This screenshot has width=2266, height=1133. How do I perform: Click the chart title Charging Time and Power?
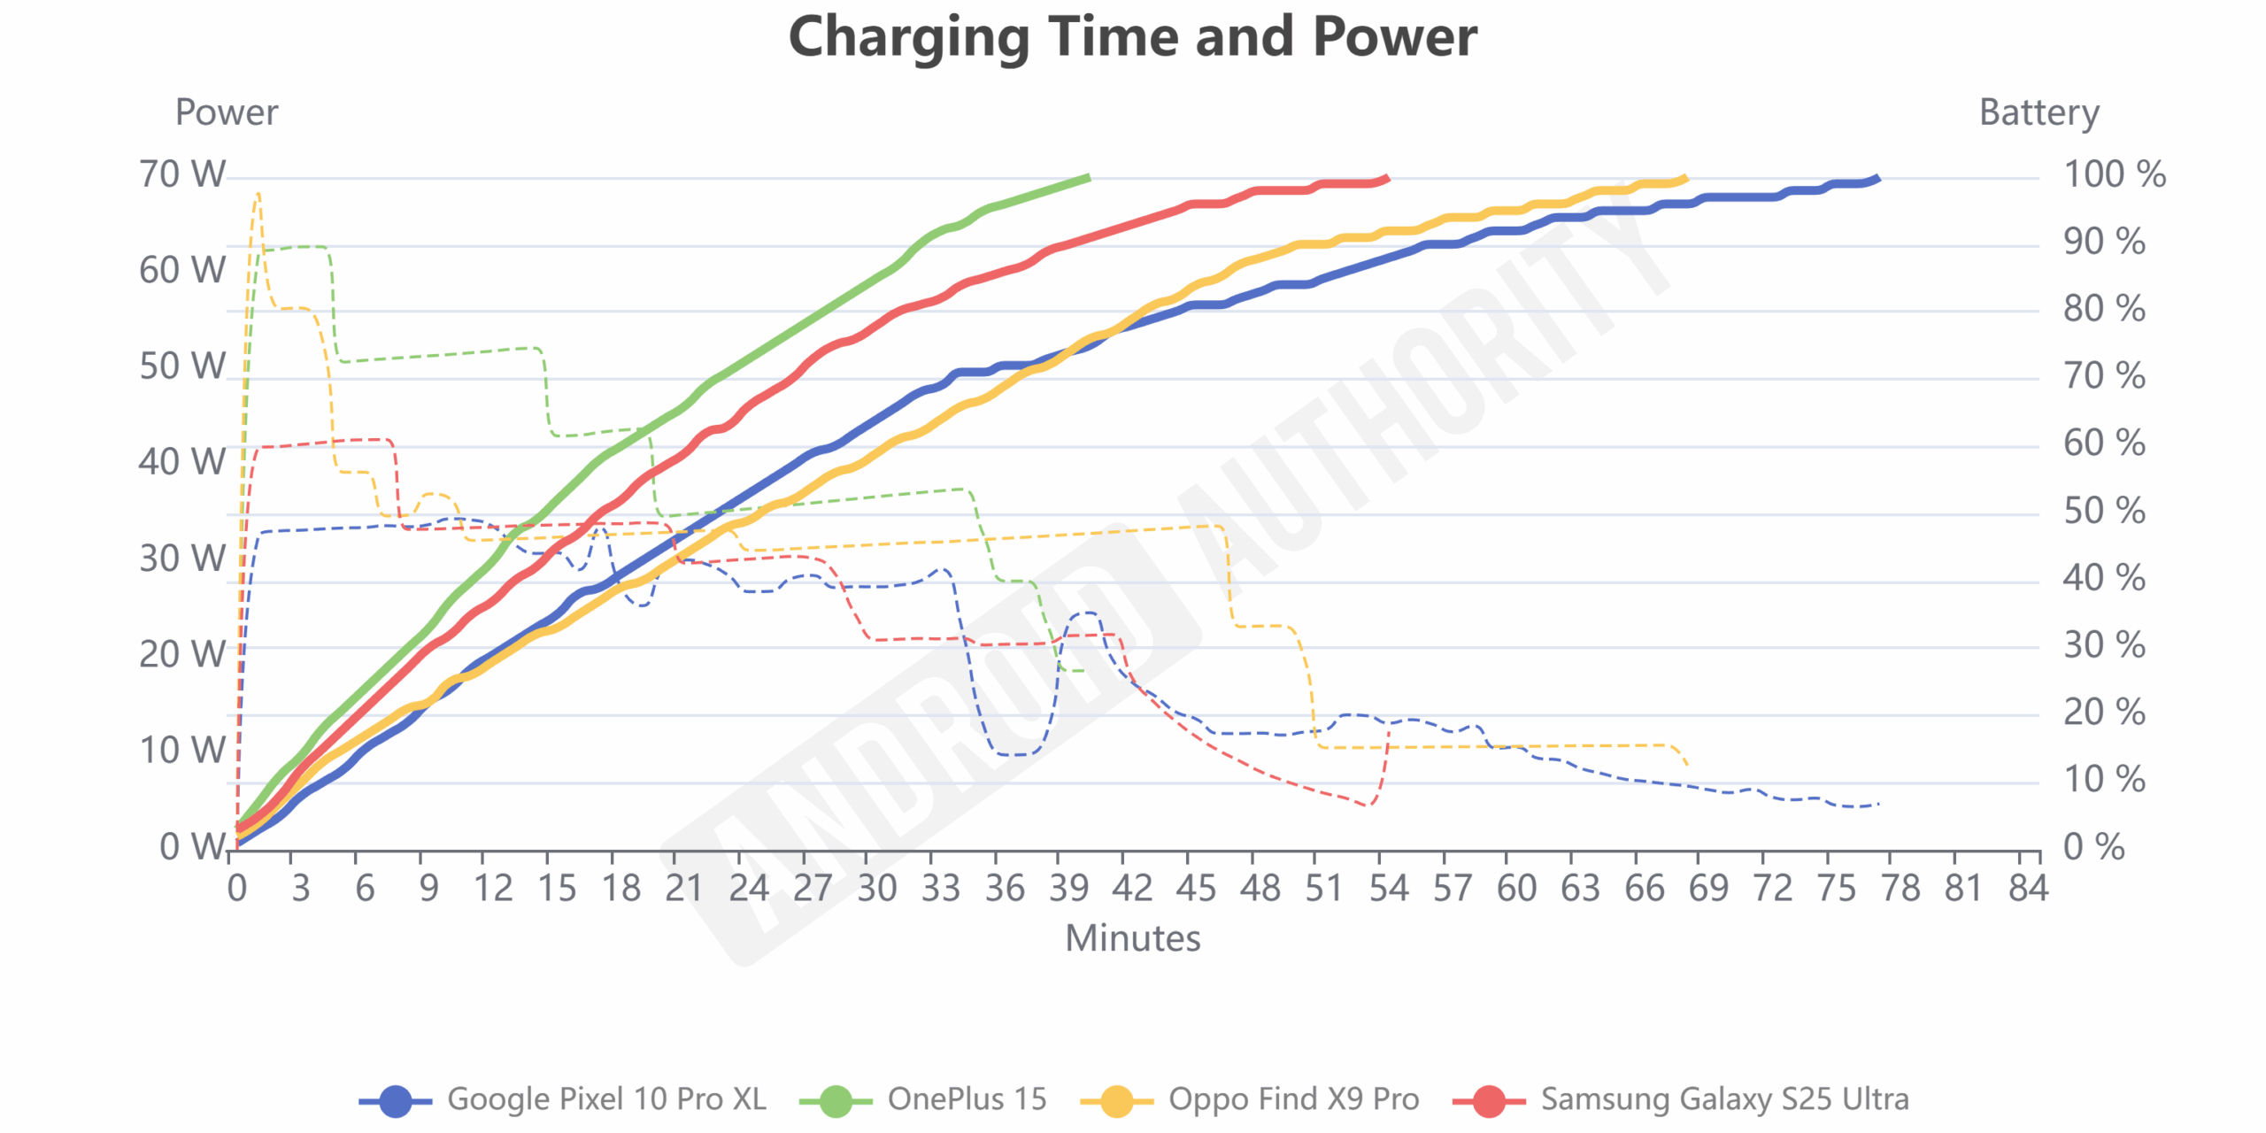(x=1132, y=37)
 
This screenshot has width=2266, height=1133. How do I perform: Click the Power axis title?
(x=227, y=112)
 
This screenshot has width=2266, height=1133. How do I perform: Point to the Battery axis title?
(x=2039, y=112)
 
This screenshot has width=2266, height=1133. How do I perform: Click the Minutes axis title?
(x=1132, y=938)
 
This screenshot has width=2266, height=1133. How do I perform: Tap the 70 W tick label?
(x=182, y=174)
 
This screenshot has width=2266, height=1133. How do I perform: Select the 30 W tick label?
(x=182, y=559)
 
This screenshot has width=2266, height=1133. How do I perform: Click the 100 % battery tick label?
(x=2114, y=174)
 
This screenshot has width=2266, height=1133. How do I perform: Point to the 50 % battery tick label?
(x=2104, y=511)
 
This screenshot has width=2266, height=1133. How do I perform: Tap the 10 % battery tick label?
(x=2104, y=780)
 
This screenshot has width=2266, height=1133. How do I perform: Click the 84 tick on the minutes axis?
(x=2028, y=888)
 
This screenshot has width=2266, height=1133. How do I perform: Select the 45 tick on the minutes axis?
(x=1196, y=888)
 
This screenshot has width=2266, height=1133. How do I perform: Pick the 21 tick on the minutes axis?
(x=684, y=888)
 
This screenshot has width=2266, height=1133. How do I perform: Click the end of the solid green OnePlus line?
(x=1089, y=178)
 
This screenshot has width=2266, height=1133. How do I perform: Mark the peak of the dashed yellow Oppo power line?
(x=258, y=193)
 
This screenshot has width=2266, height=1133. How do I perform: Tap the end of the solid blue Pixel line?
(x=1877, y=178)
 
